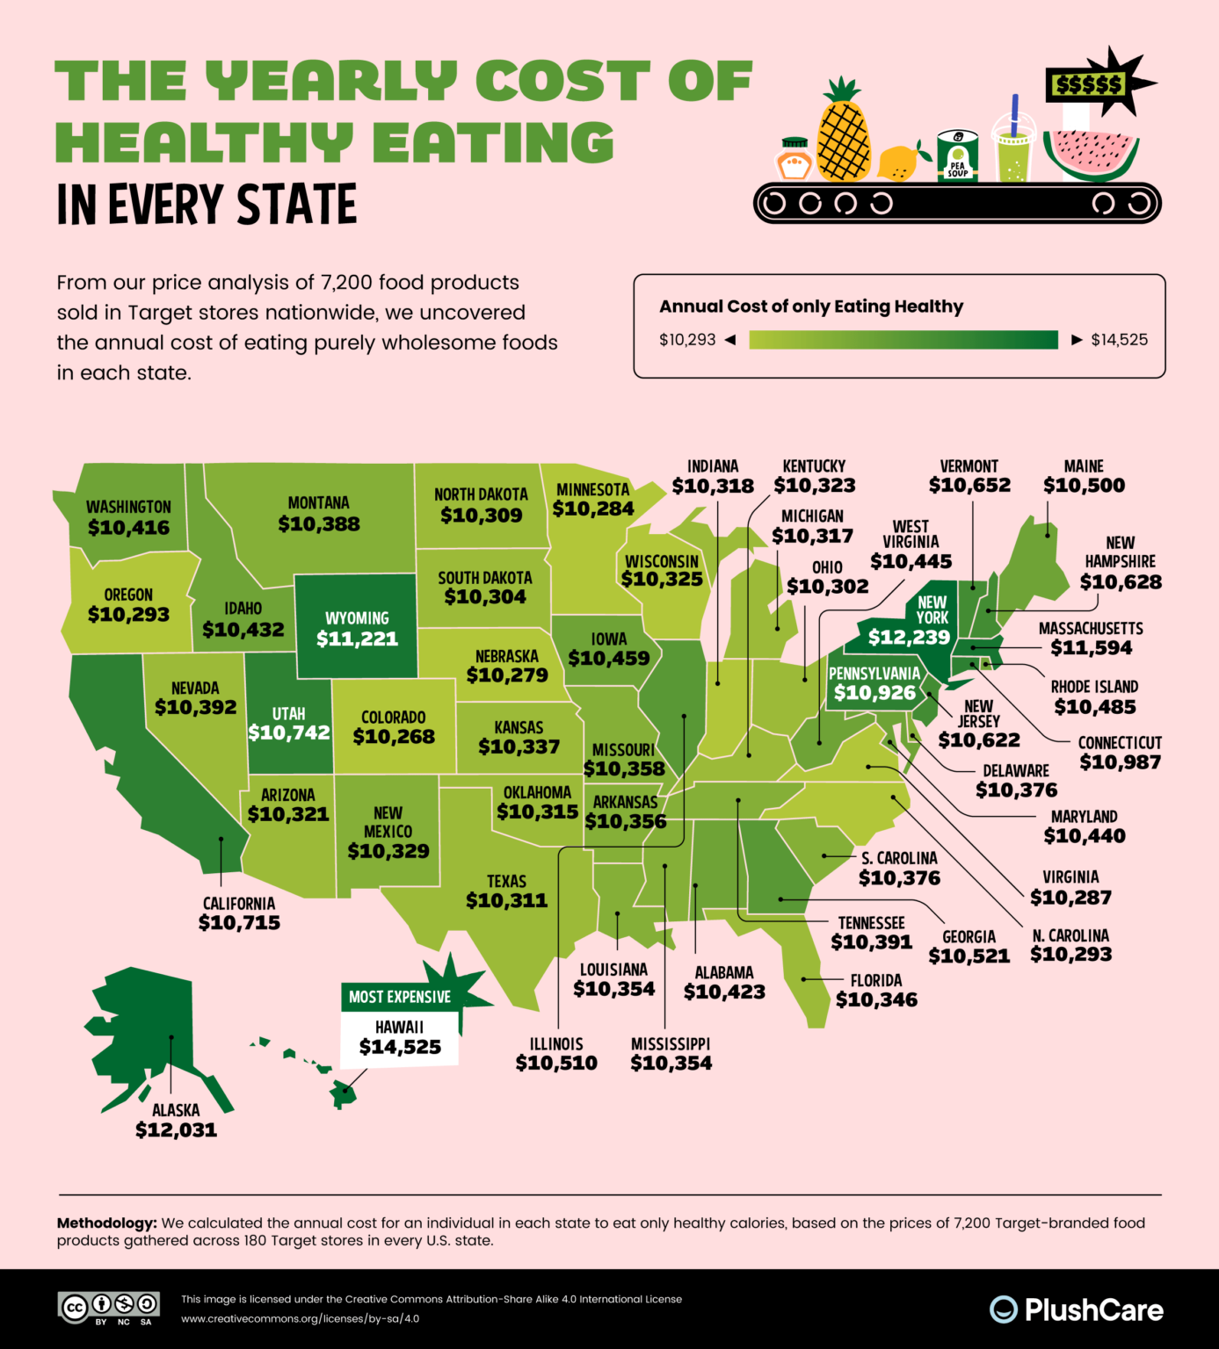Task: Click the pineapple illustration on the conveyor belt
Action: [844, 132]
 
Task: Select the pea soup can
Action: [957, 155]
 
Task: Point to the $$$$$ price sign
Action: [1089, 84]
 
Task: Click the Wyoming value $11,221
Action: [357, 639]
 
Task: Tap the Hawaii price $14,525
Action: [400, 1047]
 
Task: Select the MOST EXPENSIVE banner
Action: [400, 997]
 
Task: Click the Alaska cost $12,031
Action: [176, 1130]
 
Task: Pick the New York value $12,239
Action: [909, 638]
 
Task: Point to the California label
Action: [239, 904]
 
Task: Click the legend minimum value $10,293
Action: [687, 340]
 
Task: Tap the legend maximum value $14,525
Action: [1119, 340]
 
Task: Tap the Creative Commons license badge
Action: [109, 1306]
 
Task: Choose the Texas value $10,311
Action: [506, 900]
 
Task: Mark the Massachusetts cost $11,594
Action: [1091, 648]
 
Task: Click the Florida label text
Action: [875, 980]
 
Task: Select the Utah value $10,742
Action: [289, 732]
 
